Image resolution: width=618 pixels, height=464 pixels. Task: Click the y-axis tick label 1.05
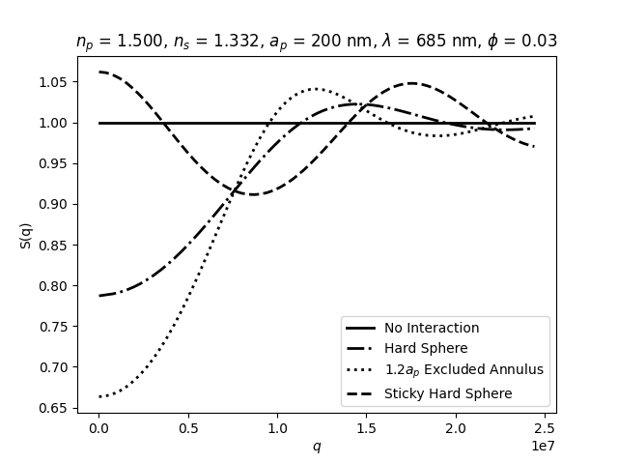click(x=54, y=82)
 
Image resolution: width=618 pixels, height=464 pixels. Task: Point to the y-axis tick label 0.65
click(x=54, y=408)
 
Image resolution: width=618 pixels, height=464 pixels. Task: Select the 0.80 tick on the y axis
click(x=54, y=286)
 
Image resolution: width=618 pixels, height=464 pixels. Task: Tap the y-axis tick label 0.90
click(x=54, y=204)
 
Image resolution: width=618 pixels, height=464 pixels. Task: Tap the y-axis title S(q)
click(x=26, y=235)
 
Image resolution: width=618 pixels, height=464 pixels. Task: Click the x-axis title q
click(x=316, y=446)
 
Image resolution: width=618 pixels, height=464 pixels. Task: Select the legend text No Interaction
click(x=432, y=328)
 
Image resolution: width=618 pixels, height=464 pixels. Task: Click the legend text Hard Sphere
click(x=426, y=348)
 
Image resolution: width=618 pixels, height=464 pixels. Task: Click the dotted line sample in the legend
click(x=362, y=370)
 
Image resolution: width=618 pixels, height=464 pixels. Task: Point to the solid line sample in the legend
click(x=362, y=328)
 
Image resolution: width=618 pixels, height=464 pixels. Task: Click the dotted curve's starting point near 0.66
click(x=99, y=396)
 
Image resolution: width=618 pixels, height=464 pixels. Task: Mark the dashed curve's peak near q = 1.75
click(x=412, y=83)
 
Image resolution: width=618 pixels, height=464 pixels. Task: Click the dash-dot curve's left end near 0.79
click(x=99, y=296)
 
